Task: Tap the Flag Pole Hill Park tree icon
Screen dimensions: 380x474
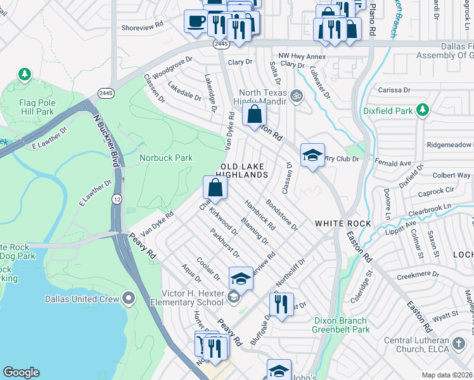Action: click(25, 75)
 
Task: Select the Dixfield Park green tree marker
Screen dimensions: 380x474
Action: click(423, 111)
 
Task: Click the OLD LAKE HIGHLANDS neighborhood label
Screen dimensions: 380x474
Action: click(243, 170)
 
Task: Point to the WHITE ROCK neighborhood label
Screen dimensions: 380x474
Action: click(343, 224)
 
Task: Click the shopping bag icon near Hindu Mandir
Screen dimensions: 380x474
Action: click(254, 115)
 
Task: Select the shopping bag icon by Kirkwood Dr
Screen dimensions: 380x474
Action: click(215, 187)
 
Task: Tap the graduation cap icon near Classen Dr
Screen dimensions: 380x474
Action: click(312, 155)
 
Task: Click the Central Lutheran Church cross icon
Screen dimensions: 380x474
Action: click(459, 343)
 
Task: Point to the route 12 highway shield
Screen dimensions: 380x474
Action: click(117, 199)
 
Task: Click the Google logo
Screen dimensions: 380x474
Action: click(21, 372)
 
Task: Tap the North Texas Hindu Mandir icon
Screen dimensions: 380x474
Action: click(296, 96)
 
